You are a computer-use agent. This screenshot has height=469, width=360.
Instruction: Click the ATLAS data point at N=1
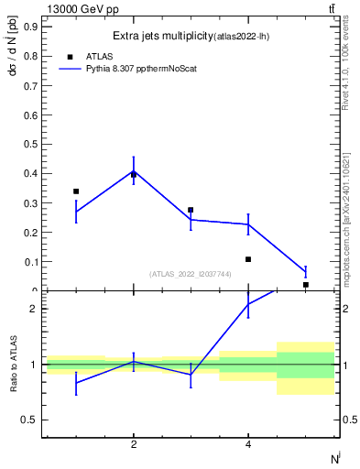coord(76,191)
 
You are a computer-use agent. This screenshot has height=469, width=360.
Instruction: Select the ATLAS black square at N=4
coord(248,259)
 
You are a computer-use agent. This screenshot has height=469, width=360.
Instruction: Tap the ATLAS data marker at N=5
coord(305,285)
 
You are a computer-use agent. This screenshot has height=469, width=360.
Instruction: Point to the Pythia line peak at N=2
coord(134,170)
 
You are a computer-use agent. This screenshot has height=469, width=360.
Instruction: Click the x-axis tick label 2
coord(134,445)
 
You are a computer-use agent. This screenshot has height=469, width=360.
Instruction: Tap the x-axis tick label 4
coord(248,445)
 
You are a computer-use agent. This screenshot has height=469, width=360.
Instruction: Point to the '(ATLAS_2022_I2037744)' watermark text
coord(190,274)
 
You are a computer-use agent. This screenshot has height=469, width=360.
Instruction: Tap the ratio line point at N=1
coord(76,382)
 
